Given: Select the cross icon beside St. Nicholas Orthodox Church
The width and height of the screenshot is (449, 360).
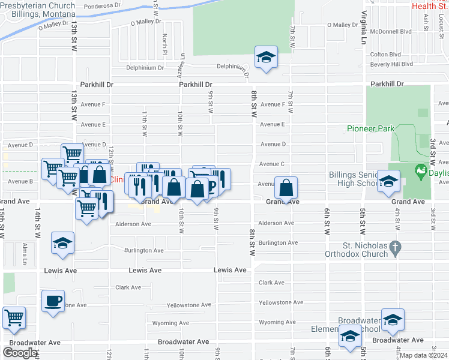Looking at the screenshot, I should click(395, 247).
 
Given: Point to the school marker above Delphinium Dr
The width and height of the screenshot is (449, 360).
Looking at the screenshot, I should click(266, 58).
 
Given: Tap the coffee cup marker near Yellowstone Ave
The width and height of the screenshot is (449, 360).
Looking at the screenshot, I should click(53, 300).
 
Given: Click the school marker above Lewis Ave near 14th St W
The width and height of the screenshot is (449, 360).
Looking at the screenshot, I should click(62, 243).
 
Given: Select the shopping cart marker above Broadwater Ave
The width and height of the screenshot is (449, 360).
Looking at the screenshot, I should click(14, 318).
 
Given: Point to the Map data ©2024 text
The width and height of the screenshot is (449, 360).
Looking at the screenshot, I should click(424, 355).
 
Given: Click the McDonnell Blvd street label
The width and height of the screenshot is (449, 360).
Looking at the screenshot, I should click(391, 31).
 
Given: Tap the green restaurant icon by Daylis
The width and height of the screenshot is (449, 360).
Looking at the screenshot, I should click(420, 170).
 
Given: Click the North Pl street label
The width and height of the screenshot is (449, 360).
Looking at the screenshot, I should click(164, 41).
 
